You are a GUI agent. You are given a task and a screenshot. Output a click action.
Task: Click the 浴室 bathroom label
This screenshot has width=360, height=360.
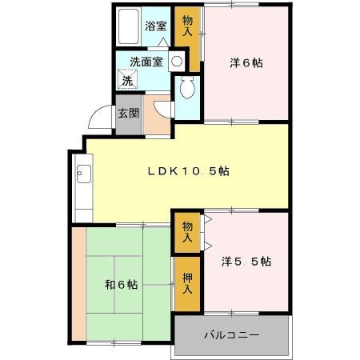point(154,25)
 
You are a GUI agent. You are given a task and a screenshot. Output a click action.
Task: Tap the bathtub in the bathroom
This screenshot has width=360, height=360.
point(128,28)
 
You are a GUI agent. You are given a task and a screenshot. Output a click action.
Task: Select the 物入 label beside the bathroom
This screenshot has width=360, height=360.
point(187,26)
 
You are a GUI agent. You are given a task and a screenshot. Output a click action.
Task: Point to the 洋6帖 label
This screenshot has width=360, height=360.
point(246,62)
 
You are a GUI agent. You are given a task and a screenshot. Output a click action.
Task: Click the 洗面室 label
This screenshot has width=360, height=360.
point(146,62)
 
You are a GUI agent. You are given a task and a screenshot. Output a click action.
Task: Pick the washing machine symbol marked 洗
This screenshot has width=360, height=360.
point(126,79)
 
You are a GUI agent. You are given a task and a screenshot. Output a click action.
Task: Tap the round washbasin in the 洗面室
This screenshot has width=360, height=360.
point(176,62)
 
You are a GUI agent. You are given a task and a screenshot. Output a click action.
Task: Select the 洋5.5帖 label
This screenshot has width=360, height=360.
point(246,262)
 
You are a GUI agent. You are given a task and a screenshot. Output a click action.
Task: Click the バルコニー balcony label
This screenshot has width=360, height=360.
point(230,335)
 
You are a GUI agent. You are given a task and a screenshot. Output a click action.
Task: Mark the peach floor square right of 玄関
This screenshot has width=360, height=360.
point(157,115)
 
